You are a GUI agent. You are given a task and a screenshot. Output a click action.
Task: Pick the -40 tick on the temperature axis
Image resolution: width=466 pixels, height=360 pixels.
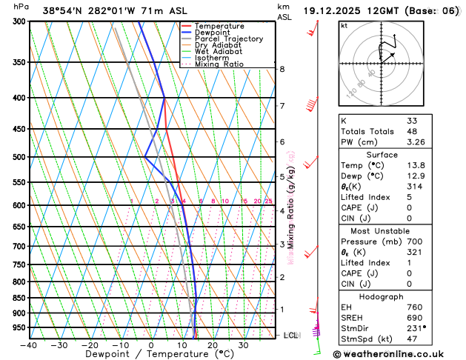(29, 344)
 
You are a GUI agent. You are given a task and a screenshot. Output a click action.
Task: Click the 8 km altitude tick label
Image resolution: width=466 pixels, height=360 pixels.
(282, 69)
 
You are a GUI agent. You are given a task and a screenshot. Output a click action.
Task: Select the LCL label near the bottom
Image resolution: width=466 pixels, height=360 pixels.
(291, 336)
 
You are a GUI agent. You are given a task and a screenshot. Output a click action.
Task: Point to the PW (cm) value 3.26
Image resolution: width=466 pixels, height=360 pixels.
(416, 142)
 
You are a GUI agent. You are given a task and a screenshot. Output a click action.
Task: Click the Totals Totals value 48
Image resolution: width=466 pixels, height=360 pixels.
(412, 131)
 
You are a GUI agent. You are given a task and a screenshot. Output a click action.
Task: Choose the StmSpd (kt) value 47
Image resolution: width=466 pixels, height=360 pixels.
(412, 339)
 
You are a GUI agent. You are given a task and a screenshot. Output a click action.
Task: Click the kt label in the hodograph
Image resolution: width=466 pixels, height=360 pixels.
(344, 25)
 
